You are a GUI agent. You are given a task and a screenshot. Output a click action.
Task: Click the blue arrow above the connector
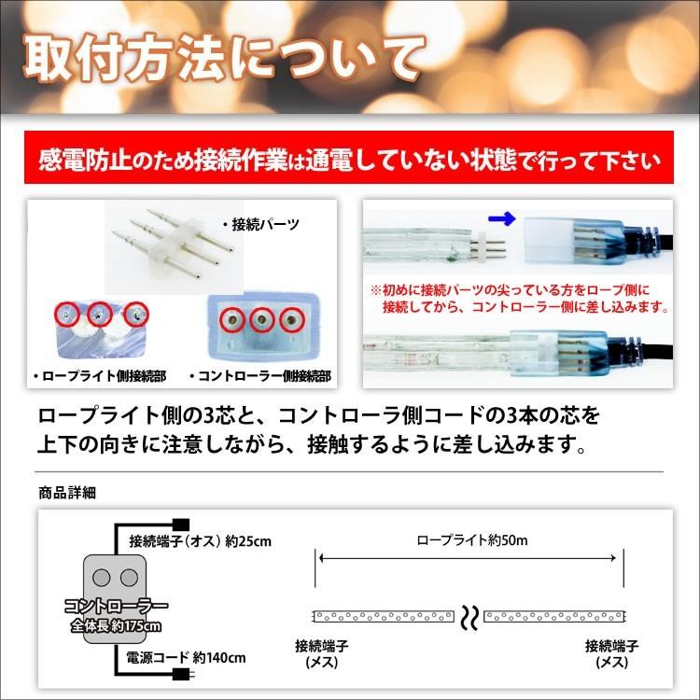pyautogui.click(x=502, y=218)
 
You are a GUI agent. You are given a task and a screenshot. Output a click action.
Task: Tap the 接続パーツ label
pyautogui.click(x=260, y=224)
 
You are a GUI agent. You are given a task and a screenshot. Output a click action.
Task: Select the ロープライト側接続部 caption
pyautogui.click(x=100, y=376)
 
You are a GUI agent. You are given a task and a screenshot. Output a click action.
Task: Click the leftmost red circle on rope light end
pyautogui.click(x=67, y=315)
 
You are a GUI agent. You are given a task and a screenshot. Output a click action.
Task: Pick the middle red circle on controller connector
pyautogui.click(x=261, y=319)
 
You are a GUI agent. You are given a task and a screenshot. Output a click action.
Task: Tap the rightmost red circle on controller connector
pyautogui.click(x=292, y=319)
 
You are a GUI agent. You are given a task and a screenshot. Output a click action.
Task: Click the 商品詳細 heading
pyautogui.click(x=67, y=493)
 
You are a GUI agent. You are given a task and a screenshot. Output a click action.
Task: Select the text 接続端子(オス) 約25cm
pyautogui.click(x=201, y=541)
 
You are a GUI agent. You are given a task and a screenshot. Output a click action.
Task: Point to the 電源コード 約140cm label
pyautogui.click(x=186, y=658)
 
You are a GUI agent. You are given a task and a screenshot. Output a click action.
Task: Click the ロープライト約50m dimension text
pyautogui.click(x=472, y=540)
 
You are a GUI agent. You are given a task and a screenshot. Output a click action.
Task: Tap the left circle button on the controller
pyautogui.click(x=102, y=577)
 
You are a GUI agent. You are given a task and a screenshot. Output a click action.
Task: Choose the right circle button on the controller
pyautogui.click(x=130, y=577)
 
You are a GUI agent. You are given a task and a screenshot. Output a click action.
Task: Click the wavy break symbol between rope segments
pyautogui.click(x=469, y=618)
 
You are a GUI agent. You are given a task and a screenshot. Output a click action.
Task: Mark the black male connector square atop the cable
pyautogui.click(x=181, y=525)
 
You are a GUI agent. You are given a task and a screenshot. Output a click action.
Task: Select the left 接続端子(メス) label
pyautogui.click(x=321, y=654)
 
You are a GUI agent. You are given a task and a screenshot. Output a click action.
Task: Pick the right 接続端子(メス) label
pyautogui.click(x=611, y=654)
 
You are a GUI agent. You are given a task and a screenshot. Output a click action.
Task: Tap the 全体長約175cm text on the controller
pyautogui.click(x=116, y=626)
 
